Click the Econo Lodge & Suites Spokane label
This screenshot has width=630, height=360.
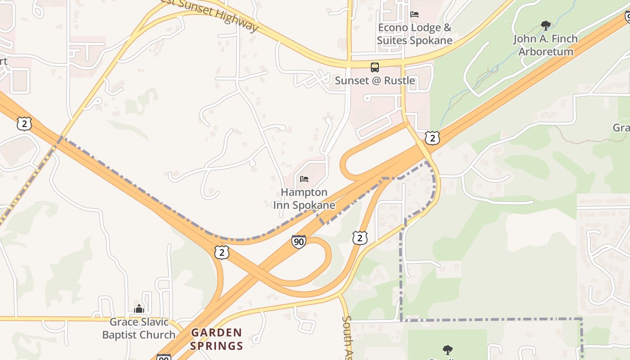(414, 34)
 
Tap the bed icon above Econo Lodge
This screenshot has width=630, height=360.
(414, 14)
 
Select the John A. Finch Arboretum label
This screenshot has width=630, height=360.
(545, 45)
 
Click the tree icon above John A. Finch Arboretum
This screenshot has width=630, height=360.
(545, 26)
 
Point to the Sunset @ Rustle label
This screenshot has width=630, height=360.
(375, 81)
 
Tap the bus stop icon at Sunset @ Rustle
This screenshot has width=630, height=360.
(375, 67)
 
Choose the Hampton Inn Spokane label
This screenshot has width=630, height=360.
(304, 198)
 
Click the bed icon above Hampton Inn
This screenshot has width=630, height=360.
(304, 179)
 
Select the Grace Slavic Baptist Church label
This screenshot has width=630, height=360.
(139, 328)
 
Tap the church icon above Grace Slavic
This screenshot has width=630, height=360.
(139, 309)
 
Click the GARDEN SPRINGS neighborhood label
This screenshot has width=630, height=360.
(216, 339)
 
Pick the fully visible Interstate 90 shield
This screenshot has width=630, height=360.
(298, 242)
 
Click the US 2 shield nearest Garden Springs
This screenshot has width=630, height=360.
(221, 252)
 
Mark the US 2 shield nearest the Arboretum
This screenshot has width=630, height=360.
(432, 138)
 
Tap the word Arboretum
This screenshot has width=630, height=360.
(545, 51)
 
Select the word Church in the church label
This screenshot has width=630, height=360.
(157, 335)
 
